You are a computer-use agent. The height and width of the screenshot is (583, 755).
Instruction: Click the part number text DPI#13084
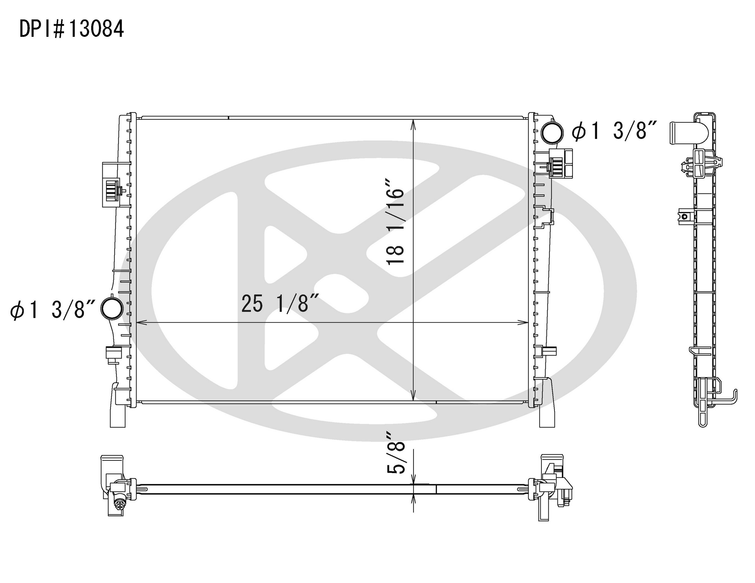[72, 29]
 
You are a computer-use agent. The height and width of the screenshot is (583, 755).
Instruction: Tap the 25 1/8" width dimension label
[280, 303]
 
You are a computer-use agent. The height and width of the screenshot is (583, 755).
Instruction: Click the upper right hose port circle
[552, 133]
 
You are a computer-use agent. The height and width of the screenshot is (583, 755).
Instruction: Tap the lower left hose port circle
[112, 308]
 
